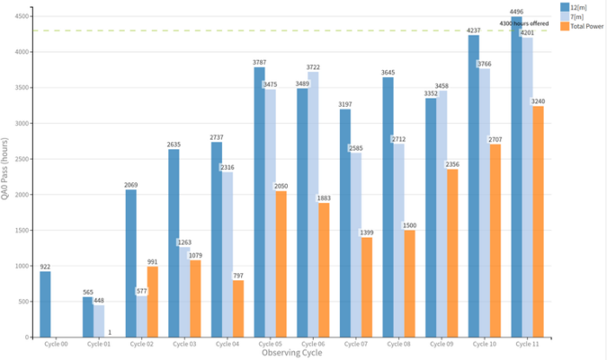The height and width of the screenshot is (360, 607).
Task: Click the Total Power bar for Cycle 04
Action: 238,308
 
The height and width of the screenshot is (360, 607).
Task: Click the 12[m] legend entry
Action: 578,7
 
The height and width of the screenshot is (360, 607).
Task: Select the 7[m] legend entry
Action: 576,16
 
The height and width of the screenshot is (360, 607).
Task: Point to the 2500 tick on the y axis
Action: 23,159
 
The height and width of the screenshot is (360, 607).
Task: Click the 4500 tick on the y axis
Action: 23,16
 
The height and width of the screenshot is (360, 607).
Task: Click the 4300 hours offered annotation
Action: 524,23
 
